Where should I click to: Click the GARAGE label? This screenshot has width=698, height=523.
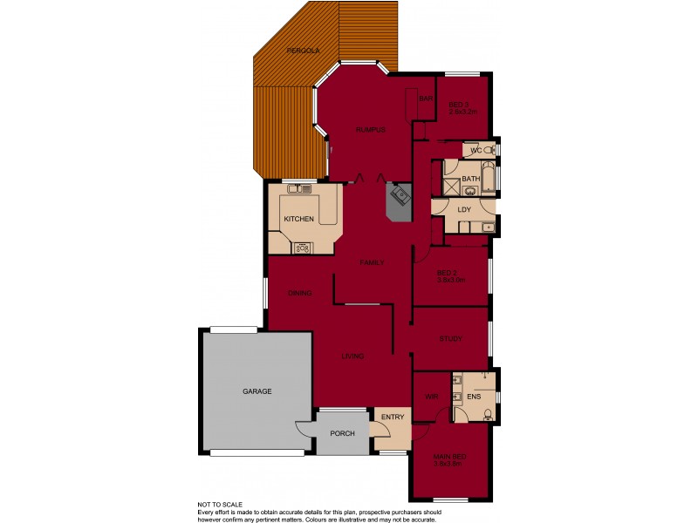coord(257,391)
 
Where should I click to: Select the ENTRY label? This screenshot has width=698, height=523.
coord(393,417)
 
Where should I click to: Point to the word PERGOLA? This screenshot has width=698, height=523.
coord(304,51)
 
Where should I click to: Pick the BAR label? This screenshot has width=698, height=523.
coord(426,98)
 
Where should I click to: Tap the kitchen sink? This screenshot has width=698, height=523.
coord(299,188)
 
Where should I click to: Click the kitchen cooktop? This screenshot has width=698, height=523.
coord(303,247)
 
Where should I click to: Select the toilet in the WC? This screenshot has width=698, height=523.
coord(490,150)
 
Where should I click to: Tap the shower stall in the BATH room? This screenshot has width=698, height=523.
coord(452,186)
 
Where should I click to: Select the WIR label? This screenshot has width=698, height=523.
coord(430,397)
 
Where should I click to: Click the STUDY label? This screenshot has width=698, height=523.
coord(450,339)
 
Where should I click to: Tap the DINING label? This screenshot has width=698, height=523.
coord(299,293)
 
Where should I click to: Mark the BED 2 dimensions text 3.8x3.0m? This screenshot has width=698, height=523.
coord(450,281)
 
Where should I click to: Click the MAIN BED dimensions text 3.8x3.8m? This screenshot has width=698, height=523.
coord(447,464)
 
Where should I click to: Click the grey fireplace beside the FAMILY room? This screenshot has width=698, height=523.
coord(399,200)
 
